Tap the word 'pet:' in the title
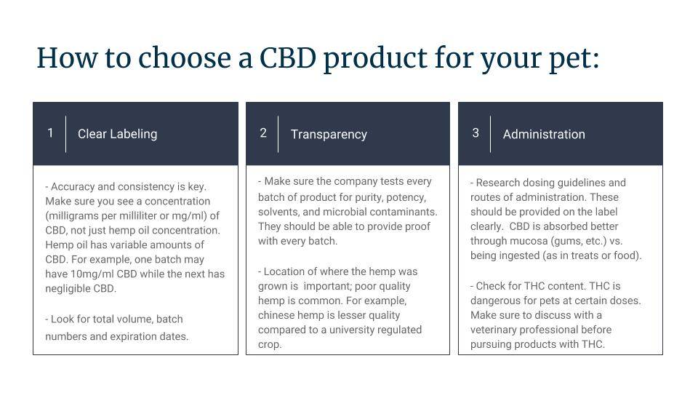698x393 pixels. pos(574,60)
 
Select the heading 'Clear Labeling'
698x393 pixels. pos(118,134)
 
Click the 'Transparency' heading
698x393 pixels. pos(329,135)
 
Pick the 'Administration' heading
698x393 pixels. pos(544,134)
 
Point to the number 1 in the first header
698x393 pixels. pos(50,132)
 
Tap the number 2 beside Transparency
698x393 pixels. pos(263,132)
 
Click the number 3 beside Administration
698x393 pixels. pos(476,132)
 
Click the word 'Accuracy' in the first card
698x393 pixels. pos(73,187)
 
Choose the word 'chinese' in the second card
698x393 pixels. pos(276,315)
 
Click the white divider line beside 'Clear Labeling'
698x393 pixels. pos(66,134)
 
